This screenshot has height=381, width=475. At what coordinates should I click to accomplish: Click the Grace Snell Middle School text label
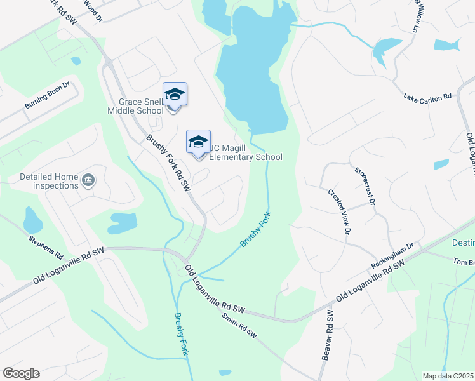coord(141,106)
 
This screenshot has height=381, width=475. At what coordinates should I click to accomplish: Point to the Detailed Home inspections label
coord(49,181)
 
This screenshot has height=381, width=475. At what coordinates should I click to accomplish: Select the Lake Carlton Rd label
coord(427,97)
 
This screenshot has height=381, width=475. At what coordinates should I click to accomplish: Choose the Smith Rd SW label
coord(239,326)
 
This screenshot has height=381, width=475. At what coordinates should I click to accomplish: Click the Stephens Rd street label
coord(45,247)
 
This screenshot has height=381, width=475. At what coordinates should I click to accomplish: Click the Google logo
coord(21,373)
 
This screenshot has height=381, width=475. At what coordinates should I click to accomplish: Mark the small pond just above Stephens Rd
coord(32,220)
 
